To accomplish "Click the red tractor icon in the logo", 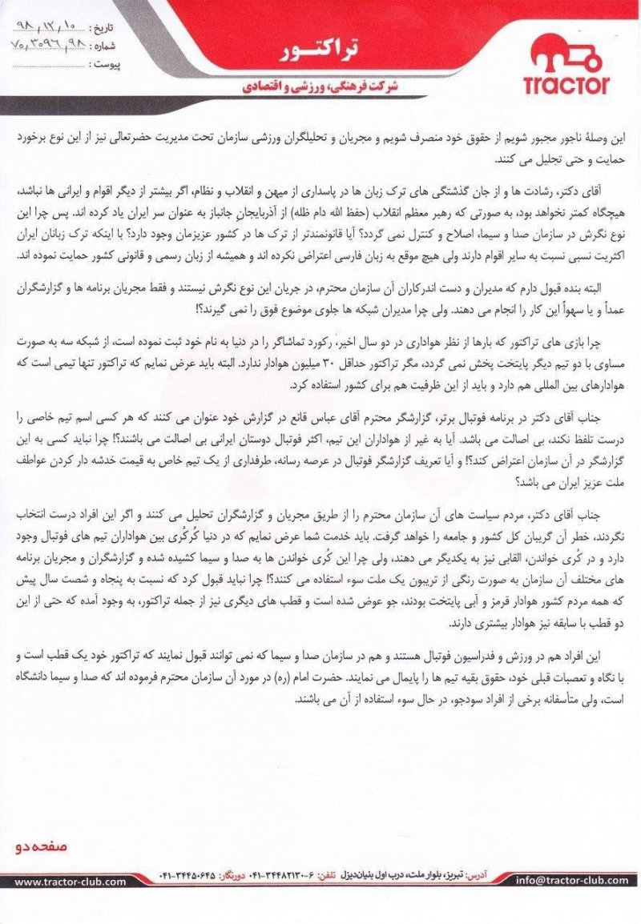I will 566,57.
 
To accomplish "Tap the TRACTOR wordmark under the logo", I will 566,84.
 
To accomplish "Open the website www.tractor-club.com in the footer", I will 71,882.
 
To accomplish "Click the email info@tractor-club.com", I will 572,881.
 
